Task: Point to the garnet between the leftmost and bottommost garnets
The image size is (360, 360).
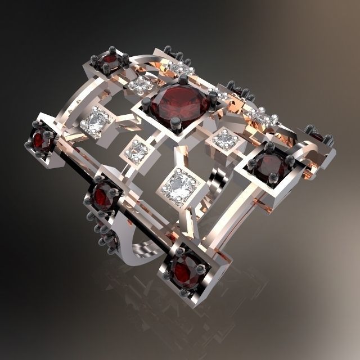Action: pos(105,196)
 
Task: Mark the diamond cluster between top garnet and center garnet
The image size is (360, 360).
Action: pos(140,85)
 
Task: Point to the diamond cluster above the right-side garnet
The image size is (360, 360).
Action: pos(262,117)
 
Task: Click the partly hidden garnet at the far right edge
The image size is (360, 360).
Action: pos(316,137)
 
